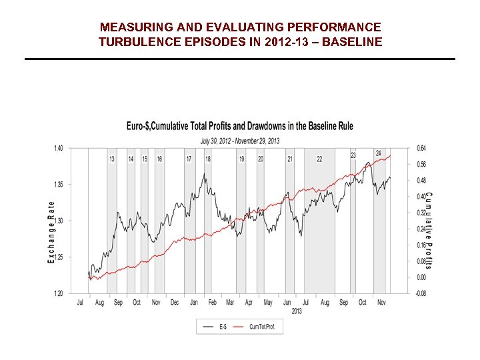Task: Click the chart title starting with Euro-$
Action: [240, 126]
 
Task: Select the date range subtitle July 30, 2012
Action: [240, 141]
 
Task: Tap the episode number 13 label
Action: [111, 159]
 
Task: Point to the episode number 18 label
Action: [208, 159]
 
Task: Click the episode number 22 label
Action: [319, 159]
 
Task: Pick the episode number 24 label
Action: [378, 153]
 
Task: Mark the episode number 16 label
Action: [159, 159]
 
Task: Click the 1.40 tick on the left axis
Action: [59, 148]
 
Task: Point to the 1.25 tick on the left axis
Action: [59, 257]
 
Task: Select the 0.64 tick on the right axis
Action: [421, 148]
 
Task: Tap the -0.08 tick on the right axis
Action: [421, 293]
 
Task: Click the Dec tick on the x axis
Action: [175, 303]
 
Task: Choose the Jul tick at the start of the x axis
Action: [80, 303]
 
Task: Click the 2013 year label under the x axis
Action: [297, 311]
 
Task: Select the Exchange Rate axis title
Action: [51, 232]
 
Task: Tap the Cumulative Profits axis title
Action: [429, 230]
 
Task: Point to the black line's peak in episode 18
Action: [204, 174]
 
